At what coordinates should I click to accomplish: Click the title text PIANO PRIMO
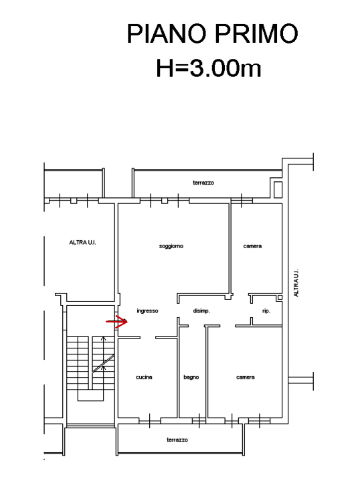pos(212,33)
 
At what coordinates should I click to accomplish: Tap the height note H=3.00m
pos(209,68)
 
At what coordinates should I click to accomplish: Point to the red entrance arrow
pos(117,322)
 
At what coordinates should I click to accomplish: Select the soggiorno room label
pos(171,246)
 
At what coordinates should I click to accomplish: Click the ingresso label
pos(147,311)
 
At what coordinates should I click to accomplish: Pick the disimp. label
pos(201,311)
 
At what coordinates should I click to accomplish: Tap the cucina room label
pos(144,377)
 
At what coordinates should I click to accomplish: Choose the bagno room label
pos(191,377)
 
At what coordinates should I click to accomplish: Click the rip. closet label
pos(266,311)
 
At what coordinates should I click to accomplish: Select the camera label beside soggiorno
pos(252,246)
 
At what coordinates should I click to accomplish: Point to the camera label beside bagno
pos(246,377)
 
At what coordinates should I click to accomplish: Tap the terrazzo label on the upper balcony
pos(203,183)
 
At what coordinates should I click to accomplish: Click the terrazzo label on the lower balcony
pos(177,440)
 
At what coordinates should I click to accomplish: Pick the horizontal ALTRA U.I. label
pos(82,242)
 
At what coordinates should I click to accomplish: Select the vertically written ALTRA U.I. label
pos(296,283)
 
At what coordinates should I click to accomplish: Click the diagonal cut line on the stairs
pos(103,363)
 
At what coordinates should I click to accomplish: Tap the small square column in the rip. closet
pos(280,298)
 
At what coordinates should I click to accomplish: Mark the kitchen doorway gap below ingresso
pos(148,338)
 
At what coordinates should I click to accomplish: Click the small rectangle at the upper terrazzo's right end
pos(278,189)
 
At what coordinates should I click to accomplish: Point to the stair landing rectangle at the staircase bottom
pos(90,395)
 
